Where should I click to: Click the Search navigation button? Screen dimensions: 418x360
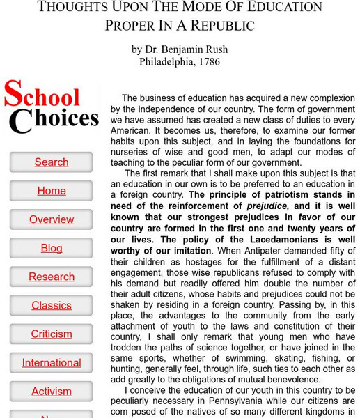[52, 162]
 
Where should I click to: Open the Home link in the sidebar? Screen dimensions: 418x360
[52, 191]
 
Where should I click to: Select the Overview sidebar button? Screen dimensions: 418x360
[52, 219]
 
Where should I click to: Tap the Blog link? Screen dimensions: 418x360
[52, 248]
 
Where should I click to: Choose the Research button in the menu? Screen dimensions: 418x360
[52, 277]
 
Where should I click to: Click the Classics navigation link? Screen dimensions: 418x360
[52, 305]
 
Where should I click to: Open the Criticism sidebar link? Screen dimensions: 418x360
[52, 334]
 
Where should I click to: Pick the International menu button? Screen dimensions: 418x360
[52, 362]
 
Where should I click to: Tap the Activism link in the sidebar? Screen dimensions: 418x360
[52, 391]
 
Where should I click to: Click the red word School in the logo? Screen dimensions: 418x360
[42, 96]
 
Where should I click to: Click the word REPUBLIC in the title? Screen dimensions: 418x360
[217, 26]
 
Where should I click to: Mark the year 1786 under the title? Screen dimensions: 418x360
[208, 61]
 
